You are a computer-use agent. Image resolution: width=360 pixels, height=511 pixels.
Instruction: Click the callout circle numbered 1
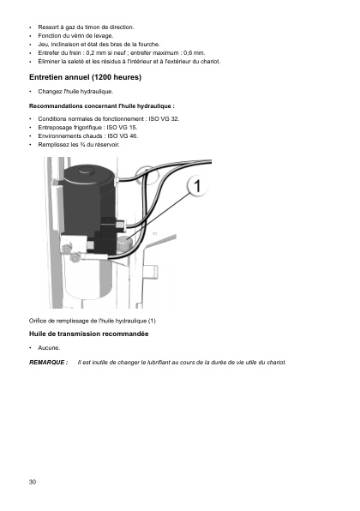coord(197,186)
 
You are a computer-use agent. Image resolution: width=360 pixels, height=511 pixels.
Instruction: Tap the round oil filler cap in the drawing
coord(124,243)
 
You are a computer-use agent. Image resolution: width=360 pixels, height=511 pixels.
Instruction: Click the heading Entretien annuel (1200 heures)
coord(86,77)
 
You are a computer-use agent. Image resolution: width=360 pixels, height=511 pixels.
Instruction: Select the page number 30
coord(33,482)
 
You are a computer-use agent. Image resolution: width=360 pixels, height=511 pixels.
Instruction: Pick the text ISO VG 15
coord(123,128)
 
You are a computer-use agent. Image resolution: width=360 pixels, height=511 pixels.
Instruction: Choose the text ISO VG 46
coord(123,136)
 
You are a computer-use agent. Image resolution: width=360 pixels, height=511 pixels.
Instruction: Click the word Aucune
coord(49,348)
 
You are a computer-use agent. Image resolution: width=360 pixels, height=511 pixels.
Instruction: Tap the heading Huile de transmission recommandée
coord(88,334)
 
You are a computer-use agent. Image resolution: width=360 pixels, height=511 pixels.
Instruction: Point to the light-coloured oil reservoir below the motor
coord(88,277)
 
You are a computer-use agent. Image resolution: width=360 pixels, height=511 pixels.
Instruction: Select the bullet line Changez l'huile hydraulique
coord(75,92)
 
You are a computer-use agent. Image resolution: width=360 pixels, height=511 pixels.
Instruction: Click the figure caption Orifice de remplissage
coord(93,321)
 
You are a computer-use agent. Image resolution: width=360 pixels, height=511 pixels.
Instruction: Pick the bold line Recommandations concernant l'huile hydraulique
coord(102,106)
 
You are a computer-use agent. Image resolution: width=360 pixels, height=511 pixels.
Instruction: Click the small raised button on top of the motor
coord(86,170)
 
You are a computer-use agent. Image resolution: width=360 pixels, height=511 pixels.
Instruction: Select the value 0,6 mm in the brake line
coord(195,53)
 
